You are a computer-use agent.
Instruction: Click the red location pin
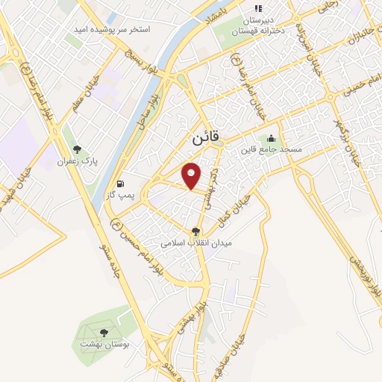[192, 175]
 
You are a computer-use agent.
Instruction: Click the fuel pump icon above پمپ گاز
[120, 183]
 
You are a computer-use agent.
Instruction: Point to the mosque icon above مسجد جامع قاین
[270, 138]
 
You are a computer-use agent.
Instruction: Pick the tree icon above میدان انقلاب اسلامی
[196, 232]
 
